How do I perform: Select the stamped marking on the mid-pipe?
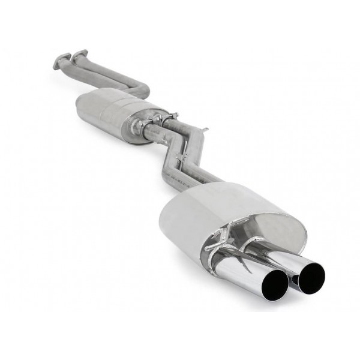[x=174, y=174]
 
